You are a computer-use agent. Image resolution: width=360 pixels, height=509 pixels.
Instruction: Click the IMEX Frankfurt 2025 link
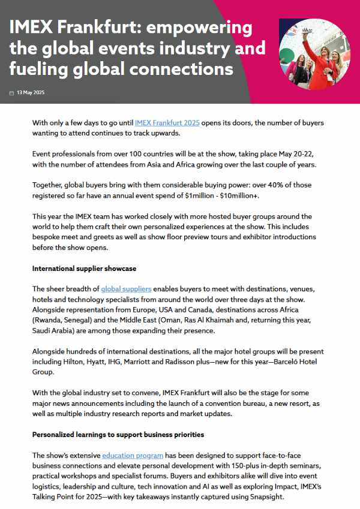[x=167, y=123]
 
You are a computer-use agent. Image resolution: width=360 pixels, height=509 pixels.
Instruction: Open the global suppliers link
[x=126, y=289]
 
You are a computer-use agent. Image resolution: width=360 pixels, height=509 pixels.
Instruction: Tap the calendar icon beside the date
[x=11, y=93]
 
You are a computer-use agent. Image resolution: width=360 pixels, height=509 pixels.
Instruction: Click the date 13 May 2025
[x=31, y=93]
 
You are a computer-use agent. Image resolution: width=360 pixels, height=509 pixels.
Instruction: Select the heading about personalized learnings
[x=118, y=435]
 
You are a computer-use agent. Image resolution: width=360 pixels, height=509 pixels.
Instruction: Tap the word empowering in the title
[x=202, y=28]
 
